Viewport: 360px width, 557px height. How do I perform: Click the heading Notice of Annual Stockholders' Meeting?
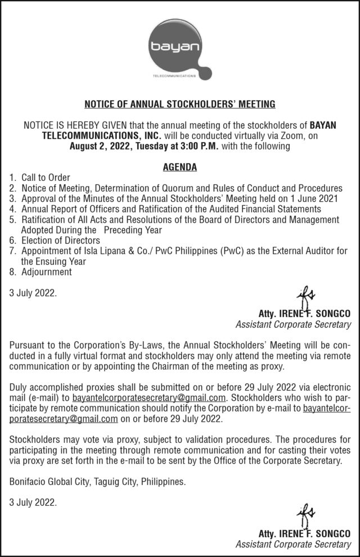[179, 104]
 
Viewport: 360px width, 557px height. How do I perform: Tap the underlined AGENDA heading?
[179, 167]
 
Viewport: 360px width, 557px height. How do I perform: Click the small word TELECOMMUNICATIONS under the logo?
[174, 75]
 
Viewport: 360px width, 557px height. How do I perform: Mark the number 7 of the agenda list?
[13, 250]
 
